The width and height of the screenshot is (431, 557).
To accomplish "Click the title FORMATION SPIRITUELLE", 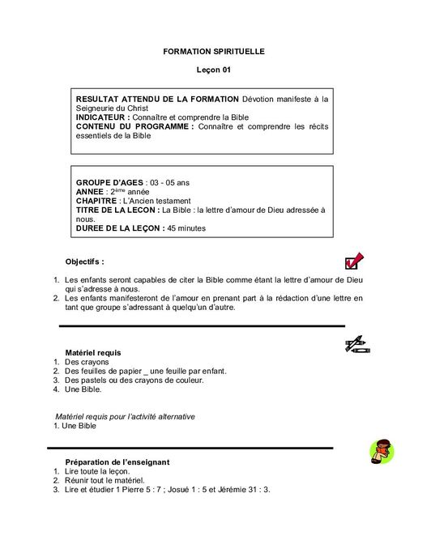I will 214,52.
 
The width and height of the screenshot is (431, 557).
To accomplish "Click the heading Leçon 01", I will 214,70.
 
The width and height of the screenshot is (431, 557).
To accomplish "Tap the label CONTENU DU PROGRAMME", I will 134,126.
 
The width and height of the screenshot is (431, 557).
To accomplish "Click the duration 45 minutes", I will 186,228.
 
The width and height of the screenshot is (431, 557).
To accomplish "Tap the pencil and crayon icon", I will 357,345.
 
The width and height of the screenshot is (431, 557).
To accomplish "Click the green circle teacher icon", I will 380,451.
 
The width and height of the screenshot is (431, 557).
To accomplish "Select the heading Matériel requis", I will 93,353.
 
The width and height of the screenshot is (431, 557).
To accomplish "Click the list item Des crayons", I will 87,362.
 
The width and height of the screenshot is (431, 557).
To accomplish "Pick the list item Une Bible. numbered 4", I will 83,389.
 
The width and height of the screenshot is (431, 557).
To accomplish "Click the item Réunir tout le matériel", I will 105,480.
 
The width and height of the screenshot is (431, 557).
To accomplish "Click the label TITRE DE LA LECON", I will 117,210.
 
